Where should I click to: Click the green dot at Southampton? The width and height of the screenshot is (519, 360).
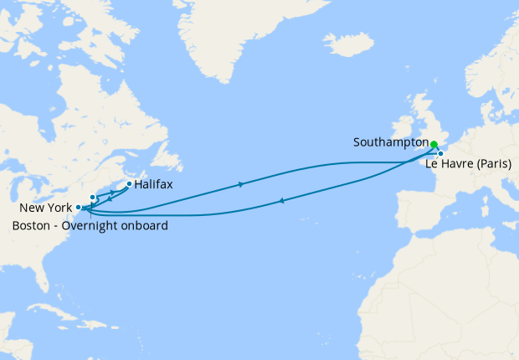(434, 144)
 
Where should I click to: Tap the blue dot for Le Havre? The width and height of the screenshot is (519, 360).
(440, 153)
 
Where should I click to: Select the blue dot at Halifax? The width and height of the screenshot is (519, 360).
(128, 183)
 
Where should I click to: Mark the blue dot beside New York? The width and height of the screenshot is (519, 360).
(78, 206)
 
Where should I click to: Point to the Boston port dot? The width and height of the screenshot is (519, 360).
(92, 197)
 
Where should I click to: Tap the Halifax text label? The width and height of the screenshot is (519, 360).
(154, 184)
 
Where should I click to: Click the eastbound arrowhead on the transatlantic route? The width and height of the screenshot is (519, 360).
(242, 183)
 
